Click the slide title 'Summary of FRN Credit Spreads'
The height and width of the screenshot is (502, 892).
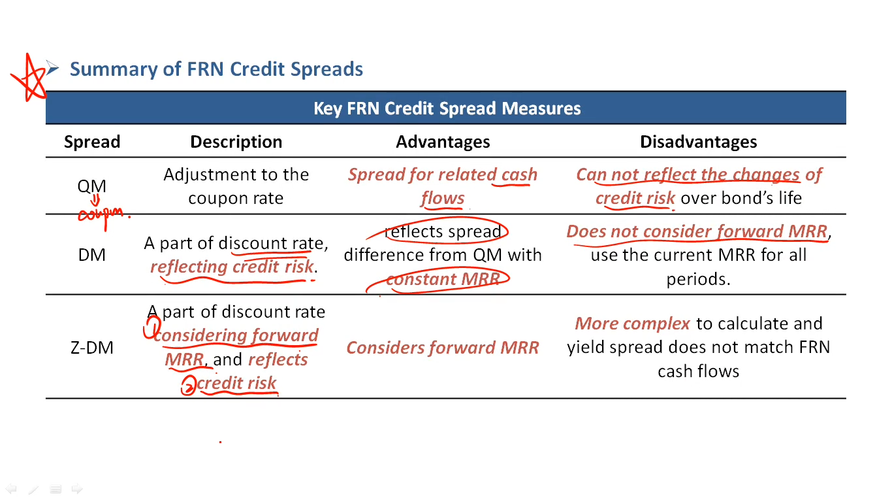pyautogui.click(x=216, y=69)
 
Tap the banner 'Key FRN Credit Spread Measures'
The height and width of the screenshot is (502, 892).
pyautogui.click(x=446, y=108)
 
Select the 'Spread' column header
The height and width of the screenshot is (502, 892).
pyautogui.click(x=92, y=142)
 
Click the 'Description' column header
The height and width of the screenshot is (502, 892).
pyautogui.click(x=236, y=142)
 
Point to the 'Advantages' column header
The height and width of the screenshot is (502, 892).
pyautogui.click(x=443, y=142)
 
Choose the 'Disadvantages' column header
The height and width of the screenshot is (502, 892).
pyautogui.click(x=699, y=142)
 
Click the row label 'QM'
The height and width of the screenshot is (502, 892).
pyautogui.click(x=91, y=186)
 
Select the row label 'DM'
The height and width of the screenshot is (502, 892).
pyautogui.click(x=91, y=255)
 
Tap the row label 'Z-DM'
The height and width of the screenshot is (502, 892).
pyautogui.click(x=92, y=348)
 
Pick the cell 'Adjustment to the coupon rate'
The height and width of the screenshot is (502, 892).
pyautogui.click(x=236, y=186)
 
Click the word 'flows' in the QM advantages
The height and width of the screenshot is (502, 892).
pyautogui.click(x=443, y=198)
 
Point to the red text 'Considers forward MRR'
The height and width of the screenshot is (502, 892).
pyautogui.click(x=443, y=348)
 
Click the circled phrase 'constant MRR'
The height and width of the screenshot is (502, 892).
pyautogui.click(x=443, y=279)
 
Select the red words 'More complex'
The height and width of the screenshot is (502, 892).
pyautogui.click(x=632, y=324)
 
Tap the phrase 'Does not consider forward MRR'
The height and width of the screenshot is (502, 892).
pyautogui.click(x=697, y=231)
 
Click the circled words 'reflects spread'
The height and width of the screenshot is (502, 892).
pyautogui.click(x=443, y=231)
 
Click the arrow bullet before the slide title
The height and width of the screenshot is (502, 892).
pyautogui.click(x=52, y=68)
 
